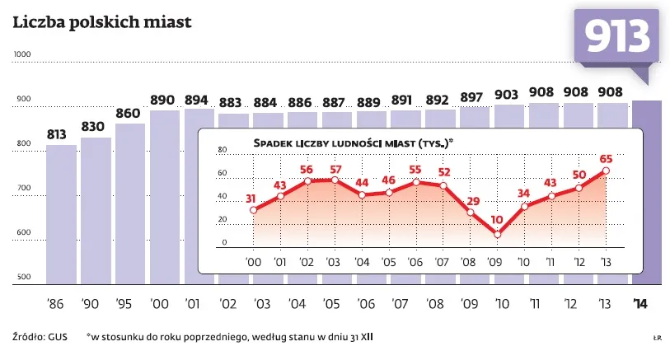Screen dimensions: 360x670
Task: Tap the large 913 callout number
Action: [x=617, y=38]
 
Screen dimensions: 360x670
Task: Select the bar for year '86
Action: [x=61, y=214]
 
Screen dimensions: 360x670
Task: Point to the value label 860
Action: [x=129, y=113]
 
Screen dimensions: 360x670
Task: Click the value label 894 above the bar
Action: [x=196, y=100]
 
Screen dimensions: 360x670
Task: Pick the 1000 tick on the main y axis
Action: [x=22, y=54]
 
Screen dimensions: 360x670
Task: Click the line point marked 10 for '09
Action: [x=497, y=234]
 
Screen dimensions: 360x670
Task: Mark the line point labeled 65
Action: [x=606, y=171]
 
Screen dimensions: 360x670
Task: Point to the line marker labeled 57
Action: [x=335, y=180]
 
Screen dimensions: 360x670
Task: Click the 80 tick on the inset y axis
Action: [x=221, y=150]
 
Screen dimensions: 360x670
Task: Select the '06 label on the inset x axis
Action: [x=415, y=263]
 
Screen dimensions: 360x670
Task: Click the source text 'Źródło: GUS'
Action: [x=40, y=337]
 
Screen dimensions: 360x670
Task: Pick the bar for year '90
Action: [x=96, y=209]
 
